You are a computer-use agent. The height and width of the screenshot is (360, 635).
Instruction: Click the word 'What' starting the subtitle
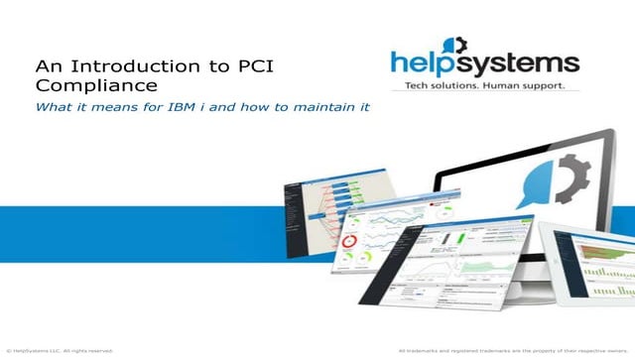tap(55, 106)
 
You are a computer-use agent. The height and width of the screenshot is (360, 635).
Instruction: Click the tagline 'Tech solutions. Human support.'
tap(484, 86)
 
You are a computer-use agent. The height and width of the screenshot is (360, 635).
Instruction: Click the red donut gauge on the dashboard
tap(349, 242)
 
